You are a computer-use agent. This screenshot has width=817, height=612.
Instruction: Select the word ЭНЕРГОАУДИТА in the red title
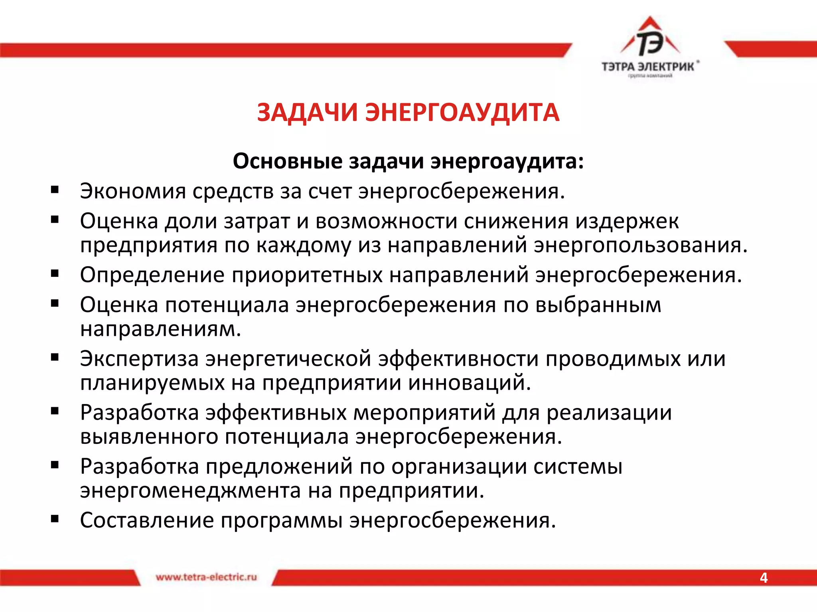click(463, 112)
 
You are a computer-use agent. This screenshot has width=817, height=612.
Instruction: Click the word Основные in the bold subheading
click(288, 161)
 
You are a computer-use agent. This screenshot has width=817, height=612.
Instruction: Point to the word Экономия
click(133, 191)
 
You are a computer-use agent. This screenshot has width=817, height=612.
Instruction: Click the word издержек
click(627, 221)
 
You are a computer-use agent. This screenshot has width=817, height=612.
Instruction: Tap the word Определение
click(152, 275)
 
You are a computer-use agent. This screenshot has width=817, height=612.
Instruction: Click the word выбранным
click(598, 305)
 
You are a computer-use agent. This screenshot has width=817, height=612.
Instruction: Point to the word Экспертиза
click(139, 359)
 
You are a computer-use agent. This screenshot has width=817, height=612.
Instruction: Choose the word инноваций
click(470, 383)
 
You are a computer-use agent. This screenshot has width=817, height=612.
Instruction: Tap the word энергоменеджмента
click(190, 490)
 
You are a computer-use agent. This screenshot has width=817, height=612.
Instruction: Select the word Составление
click(147, 520)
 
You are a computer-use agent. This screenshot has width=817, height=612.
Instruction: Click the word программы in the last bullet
click(282, 520)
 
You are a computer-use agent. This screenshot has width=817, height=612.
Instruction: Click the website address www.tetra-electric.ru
click(206, 577)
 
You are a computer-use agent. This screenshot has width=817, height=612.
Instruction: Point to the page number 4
click(764, 578)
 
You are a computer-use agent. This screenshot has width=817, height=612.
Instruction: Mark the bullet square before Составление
click(55, 519)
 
